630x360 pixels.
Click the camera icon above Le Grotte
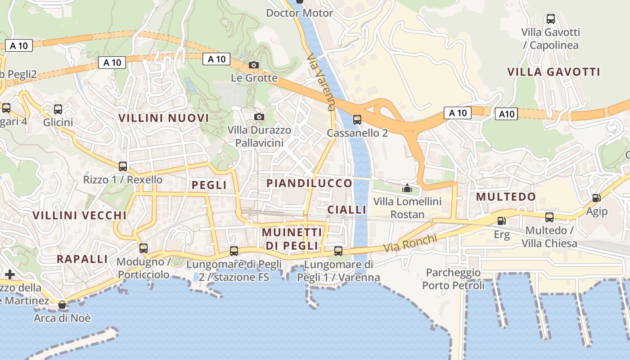(254, 65)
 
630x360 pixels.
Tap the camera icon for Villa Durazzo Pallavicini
(259, 117)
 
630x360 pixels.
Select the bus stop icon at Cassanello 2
(357, 120)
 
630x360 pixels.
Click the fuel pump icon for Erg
(501, 221)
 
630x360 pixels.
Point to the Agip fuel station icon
(596, 198)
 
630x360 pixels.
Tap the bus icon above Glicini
(58, 109)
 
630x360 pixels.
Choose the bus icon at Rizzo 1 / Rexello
(122, 166)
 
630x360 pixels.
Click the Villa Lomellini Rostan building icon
(407, 188)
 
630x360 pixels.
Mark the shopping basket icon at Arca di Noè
(62, 305)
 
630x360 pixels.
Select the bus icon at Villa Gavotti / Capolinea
(550, 19)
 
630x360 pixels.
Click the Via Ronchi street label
(410, 243)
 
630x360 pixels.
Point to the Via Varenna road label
(321, 82)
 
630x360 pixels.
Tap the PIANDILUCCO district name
(309, 184)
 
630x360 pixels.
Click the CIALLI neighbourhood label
(347, 210)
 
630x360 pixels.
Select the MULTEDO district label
(506, 197)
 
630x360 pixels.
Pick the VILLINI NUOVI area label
(164, 118)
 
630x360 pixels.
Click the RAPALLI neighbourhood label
(82, 259)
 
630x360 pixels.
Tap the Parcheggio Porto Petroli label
(453, 279)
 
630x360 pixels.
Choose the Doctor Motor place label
(300, 13)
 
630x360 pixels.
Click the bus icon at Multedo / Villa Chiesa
(549, 218)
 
